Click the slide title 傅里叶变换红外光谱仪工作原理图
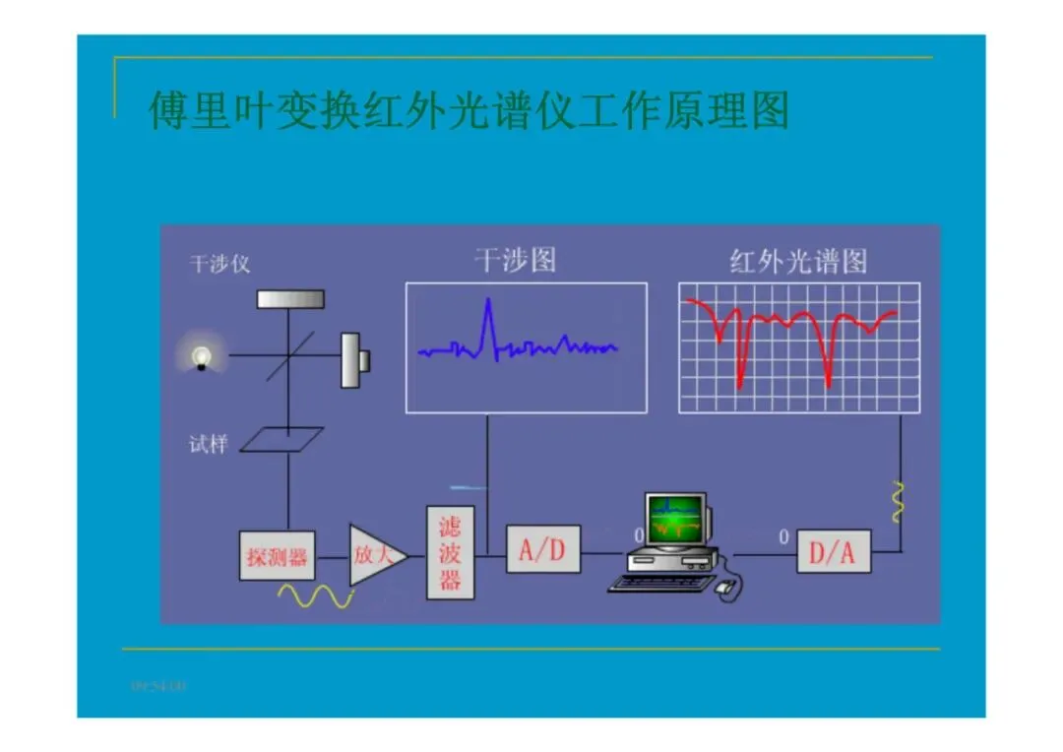[x=469, y=110]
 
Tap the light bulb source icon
[x=202, y=355]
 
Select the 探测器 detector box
[x=277, y=556]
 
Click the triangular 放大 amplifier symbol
[x=374, y=554]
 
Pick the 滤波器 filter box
[x=450, y=553]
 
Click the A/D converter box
[x=542, y=549]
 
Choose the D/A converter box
[x=833, y=552]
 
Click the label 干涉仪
[x=219, y=264]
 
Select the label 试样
[x=208, y=445]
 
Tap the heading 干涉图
[x=515, y=260]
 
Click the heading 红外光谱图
[x=798, y=261]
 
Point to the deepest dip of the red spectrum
[x=828, y=382]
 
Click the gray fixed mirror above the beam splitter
[x=290, y=298]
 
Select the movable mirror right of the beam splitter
[x=352, y=359]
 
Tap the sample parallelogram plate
[x=282, y=439]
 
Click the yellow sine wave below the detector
[x=315, y=595]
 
